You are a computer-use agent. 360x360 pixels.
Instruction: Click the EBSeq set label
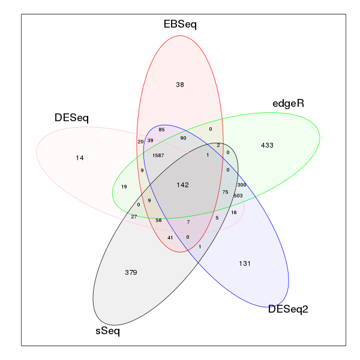coord(180,25)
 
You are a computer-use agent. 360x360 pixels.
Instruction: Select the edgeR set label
coord(288,104)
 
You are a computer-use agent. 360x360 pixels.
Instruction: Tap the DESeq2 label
coord(288,309)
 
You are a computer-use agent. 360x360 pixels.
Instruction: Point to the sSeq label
coord(107,331)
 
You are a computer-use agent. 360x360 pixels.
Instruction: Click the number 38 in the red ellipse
coord(180,85)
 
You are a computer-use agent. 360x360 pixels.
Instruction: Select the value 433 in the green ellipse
coord(267,145)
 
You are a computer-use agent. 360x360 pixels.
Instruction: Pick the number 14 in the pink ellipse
coord(80,158)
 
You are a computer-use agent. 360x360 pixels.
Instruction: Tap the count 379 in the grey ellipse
coord(131,272)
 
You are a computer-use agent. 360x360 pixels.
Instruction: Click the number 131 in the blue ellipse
coord(245,263)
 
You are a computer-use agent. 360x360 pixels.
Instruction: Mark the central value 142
coord(182,185)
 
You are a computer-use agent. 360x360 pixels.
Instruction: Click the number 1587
coord(158,155)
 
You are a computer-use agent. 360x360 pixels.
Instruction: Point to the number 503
coord(238,196)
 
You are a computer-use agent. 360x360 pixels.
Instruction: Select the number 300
coord(242,185)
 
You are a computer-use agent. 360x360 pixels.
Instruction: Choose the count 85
coord(161,130)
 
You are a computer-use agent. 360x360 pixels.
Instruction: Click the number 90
coord(183,138)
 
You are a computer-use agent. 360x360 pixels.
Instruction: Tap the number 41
coord(170,238)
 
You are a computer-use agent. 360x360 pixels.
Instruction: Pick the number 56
coord(158,220)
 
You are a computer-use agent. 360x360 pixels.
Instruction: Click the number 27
coord(134,217)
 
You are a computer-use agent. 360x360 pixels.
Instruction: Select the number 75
coord(225,192)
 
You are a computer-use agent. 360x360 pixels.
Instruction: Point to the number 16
coord(234,212)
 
